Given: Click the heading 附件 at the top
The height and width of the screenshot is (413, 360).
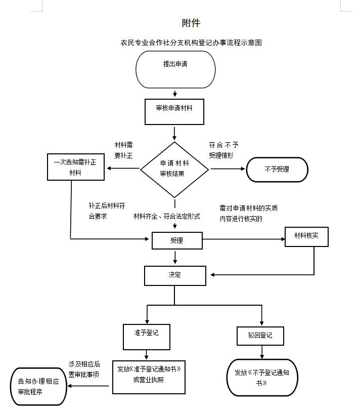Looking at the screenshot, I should point(191,23).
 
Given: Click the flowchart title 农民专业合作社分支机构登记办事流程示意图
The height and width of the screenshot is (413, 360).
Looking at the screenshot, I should point(191,43).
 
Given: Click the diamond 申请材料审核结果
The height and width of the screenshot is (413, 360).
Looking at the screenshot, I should point(174,169).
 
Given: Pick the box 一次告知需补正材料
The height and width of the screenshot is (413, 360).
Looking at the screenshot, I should point(76,167).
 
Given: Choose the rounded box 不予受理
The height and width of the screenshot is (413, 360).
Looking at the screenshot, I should point(277,170).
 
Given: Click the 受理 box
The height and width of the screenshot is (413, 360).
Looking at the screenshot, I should point(177,241).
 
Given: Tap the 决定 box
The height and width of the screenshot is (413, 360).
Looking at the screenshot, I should point(175,275).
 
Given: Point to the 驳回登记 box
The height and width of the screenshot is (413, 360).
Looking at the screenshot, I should point(260,336).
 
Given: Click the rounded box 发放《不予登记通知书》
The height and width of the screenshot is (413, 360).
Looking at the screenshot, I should point(262,377).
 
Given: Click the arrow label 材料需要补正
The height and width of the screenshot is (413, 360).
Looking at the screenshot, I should point(124,150).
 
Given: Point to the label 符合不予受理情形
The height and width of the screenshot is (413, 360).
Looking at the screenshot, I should point(223,150).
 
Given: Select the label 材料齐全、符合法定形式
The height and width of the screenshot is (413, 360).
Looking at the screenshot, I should point(166,216).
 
